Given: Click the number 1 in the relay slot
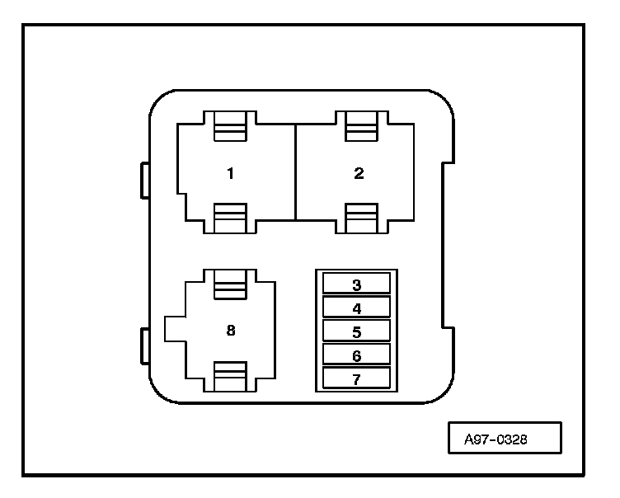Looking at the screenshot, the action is [x=231, y=173].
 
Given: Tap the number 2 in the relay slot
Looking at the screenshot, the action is [x=359, y=173].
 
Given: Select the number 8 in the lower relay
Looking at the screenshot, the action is [x=231, y=330].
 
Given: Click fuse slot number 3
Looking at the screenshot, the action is [x=357, y=283].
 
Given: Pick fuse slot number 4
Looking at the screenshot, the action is [x=357, y=307].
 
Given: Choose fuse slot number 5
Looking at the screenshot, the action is [x=357, y=331].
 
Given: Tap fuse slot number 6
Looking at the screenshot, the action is [x=357, y=355].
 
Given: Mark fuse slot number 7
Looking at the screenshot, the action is [x=357, y=378].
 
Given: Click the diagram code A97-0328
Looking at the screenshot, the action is [x=496, y=439].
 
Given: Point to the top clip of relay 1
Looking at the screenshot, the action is [x=230, y=126].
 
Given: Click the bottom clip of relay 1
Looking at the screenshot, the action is [x=230, y=218].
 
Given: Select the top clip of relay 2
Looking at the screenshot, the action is [x=361, y=126].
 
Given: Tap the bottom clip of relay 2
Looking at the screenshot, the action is [x=361, y=218].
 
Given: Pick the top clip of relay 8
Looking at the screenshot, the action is [x=230, y=284].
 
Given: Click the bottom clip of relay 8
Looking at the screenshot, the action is [x=230, y=377].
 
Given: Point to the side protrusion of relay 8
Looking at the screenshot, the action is [x=175, y=329].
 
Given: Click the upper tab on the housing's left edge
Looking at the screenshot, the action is [x=145, y=181].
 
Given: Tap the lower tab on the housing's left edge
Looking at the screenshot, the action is [x=145, y=346].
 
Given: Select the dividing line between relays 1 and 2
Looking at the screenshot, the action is [x=295, y=172].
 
